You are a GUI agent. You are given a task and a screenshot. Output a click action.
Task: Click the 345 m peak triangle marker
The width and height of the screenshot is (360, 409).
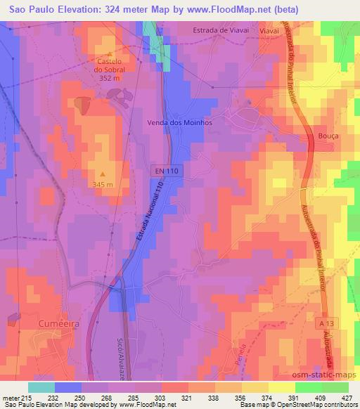pos(103,174)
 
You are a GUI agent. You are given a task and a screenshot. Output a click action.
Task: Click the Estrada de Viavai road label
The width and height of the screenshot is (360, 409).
pos(221,31)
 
